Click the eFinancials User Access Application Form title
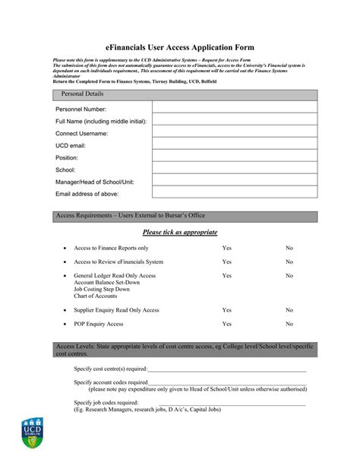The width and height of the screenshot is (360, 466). pyautogui.click(x=179, y=47)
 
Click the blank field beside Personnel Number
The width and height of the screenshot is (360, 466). pyautogui.click(x=235, y=109)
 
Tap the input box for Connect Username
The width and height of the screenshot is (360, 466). pyautogui.click(x=235, y=133)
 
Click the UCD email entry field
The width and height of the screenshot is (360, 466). pyautogui.click(x=235, y=145)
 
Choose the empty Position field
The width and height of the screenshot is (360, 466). pyautogui.click(x=235, y=157)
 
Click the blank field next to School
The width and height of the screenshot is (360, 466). pyautogui.click(x=235, y=170)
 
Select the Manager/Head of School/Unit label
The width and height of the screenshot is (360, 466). pyautogui.click(x=94, y=182)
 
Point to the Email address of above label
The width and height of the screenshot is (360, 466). pyautogui.click(x=87, y=195)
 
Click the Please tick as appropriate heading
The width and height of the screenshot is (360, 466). pyautogui.click(x=180, y=232)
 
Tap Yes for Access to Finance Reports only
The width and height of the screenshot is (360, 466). pyautogui.click(x=226, y=248)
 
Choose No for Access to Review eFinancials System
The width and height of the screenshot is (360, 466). pyautogui.click(x=289, y=262)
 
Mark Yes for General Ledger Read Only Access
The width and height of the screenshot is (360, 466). pyautogui.click(x=226, y=275)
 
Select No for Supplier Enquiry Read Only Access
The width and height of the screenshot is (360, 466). pyautogui.click(x=289, y=310)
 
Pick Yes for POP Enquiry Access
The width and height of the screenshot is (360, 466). pyautogui.click(x=226, y=324)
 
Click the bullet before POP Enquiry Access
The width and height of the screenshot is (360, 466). pyautogui.click(x=65, y=324)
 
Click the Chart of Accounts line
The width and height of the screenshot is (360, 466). pyautogui.click(x=96, y=296)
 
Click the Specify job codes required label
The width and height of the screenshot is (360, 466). pyautogui.click(x=106, y=402)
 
